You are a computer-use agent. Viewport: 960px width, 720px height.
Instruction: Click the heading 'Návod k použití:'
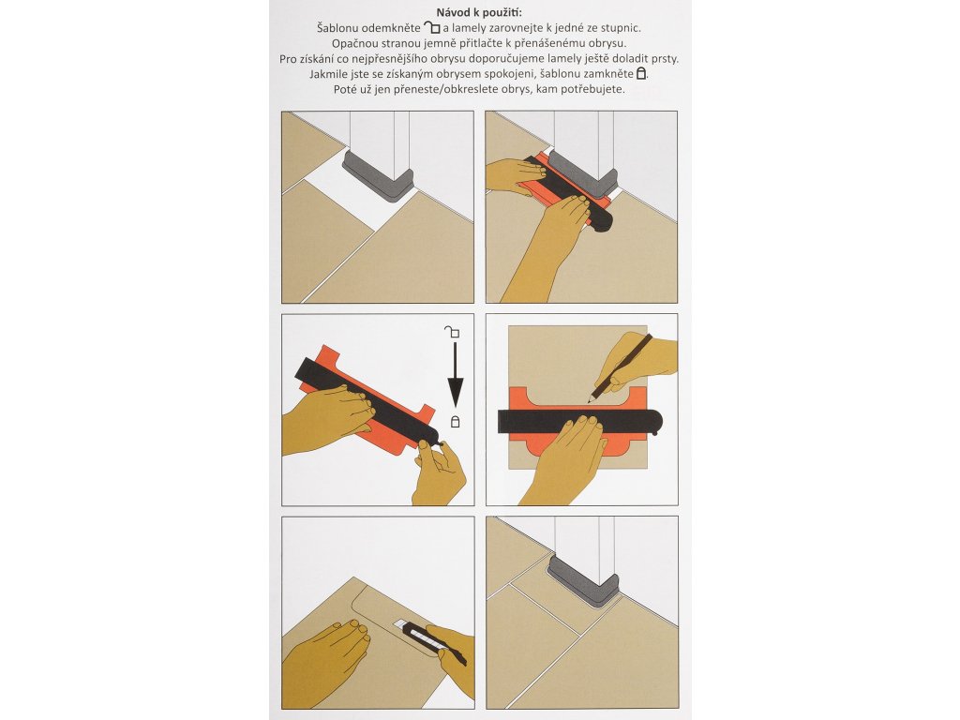tap(479, 12)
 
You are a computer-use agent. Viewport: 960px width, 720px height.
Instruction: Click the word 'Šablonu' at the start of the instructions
tap(337, 27)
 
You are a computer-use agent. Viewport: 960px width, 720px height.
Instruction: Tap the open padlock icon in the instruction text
tap(432, 27)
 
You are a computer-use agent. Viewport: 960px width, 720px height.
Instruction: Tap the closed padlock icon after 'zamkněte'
tap(641, 73)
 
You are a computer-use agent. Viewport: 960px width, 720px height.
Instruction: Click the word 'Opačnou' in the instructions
tap(353, 43)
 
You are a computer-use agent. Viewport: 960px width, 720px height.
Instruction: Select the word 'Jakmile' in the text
tap(329, 74)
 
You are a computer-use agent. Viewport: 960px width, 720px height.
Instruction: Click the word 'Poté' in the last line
tap(345, 89)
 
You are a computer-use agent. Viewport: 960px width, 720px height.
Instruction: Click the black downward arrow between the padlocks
tap(455, 375)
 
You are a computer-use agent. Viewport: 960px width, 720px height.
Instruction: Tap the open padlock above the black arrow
tap(452, 332)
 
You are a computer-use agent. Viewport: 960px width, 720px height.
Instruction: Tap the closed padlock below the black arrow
tap(455, 422)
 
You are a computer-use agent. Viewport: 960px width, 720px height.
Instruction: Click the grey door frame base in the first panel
tap(379, 175)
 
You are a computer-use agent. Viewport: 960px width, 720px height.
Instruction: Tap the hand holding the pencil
tap(637, 360)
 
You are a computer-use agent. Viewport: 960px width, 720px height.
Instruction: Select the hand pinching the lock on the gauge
tap(440, 472)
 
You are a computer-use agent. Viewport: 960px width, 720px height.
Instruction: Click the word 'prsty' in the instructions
tap(664, 59)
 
